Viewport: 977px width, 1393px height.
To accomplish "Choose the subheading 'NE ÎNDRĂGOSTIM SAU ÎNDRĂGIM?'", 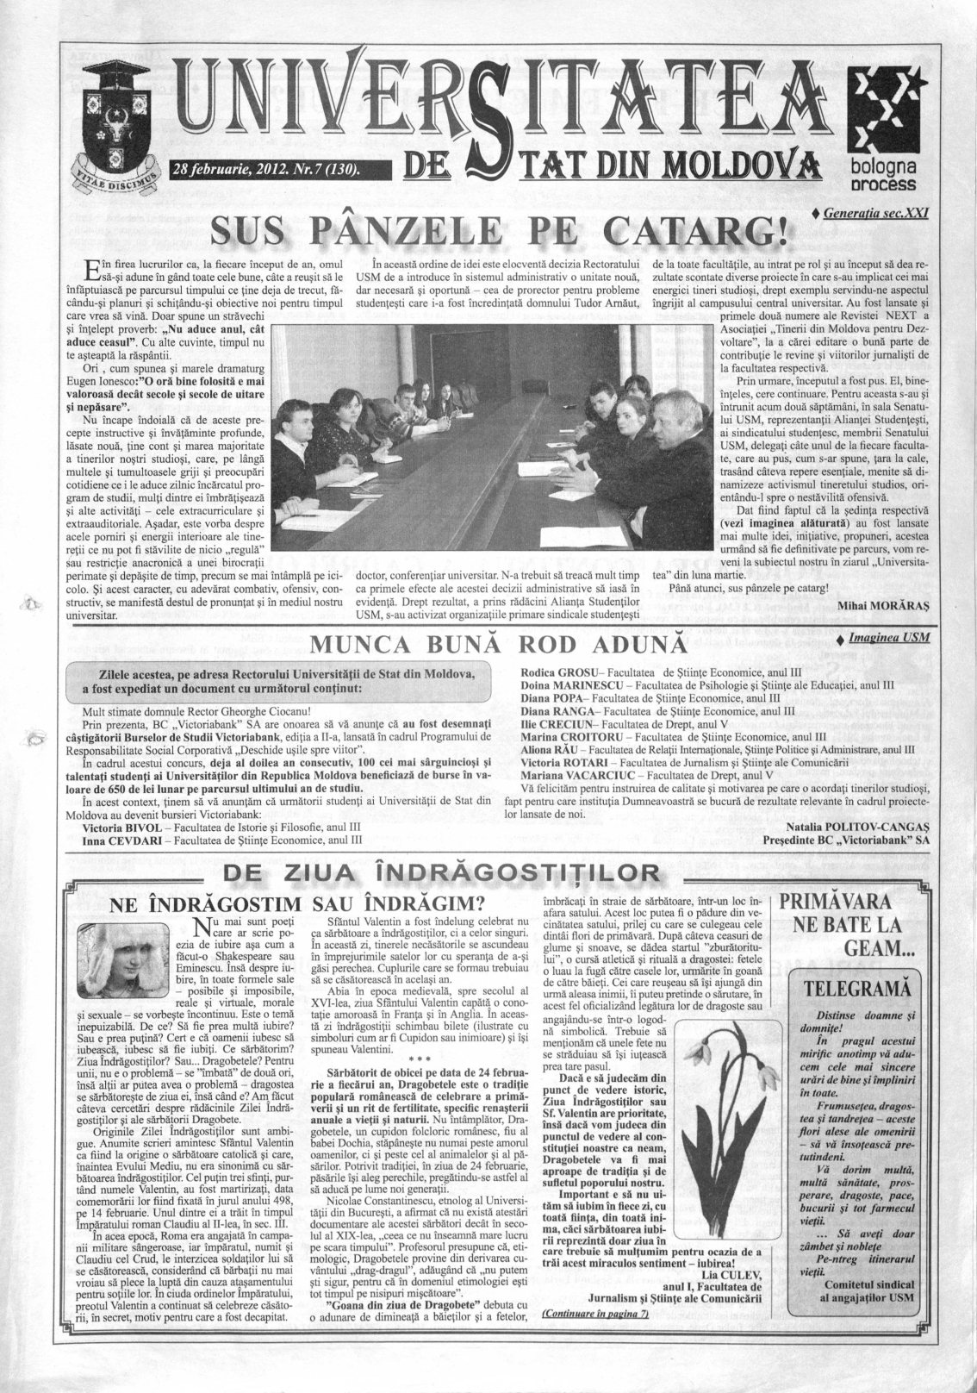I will (x=302, y=904).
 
